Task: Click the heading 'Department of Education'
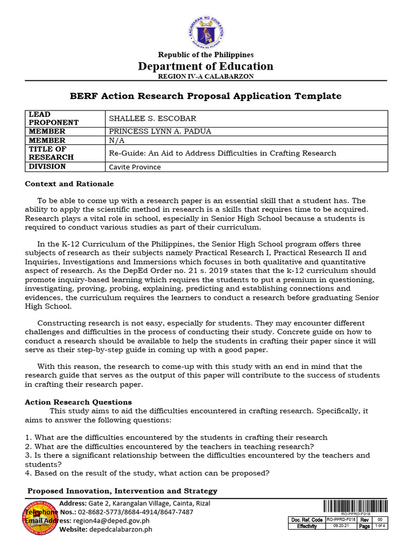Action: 205,66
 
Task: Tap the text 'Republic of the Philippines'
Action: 205,55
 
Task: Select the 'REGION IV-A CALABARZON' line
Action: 205,77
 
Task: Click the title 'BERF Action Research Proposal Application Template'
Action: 205,96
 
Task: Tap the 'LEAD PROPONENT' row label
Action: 54,118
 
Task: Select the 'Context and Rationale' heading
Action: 69,184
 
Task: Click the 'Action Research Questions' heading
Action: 78,402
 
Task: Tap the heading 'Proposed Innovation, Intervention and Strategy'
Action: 122,491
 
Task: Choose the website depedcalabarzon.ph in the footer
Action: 120,529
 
